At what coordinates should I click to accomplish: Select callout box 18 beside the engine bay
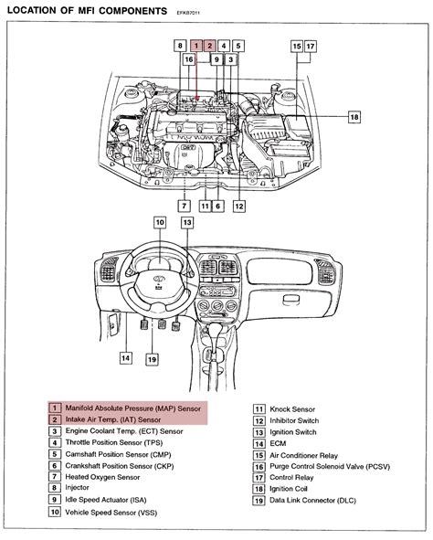pyautogui.click(x=354, y=117)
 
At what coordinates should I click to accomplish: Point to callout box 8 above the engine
pyautogui.click(x=180, y=45)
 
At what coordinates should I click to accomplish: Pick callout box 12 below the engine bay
pyautogui.click(x=238, y=206)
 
